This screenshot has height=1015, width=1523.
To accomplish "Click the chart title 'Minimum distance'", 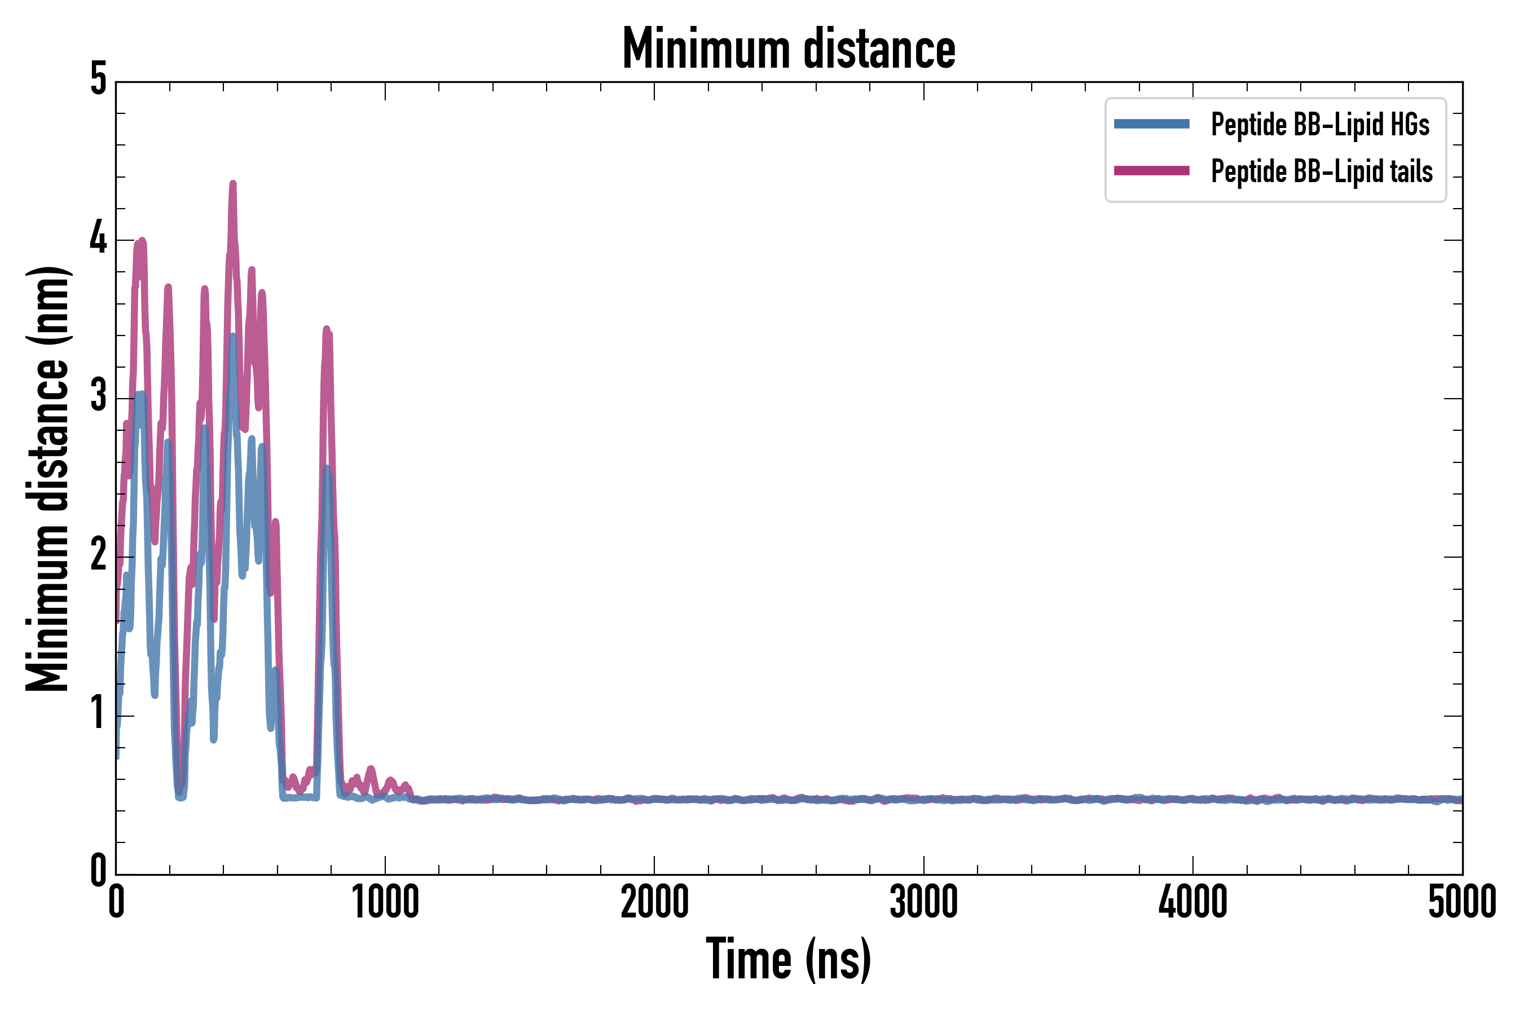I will (x=788, y=49).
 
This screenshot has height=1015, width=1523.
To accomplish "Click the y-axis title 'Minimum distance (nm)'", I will (x=47, y=478).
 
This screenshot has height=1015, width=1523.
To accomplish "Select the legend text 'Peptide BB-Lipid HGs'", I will (x=1320, y=124).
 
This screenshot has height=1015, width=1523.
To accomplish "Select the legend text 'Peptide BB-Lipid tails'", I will (x=1322, y=171).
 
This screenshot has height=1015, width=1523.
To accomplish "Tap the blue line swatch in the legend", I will (x=1151, y=124).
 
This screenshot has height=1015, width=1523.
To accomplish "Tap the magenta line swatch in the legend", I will (x=1151, y=171).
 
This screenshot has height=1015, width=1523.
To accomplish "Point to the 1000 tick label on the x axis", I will (x=385, y=902).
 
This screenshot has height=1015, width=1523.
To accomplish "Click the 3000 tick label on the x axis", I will (x=923, y=902).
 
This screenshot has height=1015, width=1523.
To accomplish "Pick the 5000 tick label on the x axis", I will (x=1462, y=902).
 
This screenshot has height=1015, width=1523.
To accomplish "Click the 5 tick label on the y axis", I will (x=98, y=80).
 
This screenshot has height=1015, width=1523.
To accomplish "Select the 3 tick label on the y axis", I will (x=98, y=397).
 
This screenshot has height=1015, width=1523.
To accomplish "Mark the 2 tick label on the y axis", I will (x=98, y=555).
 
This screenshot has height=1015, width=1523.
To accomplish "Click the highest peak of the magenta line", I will (x=233, y=184).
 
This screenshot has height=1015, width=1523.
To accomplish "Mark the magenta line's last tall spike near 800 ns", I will (x=327, y=330).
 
